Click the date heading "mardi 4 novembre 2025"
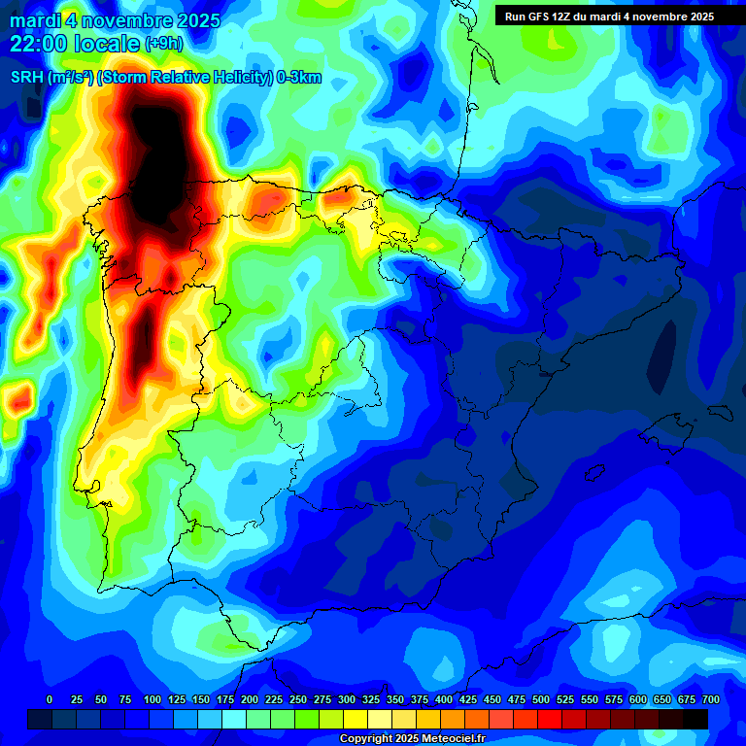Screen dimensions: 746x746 [x=115, y=20]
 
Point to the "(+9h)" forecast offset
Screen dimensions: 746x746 [x=163, y=44]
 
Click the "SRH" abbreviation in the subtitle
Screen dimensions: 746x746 [x=26, y=79]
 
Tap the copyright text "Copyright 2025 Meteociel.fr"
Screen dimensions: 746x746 [x=412, y=738]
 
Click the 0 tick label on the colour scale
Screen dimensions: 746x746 [x=50, y=699]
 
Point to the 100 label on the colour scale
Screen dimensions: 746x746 [x=152, y=699]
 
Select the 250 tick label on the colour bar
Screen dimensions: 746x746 [x=298, y=699]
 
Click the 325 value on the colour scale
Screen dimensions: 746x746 [x=371, y=699]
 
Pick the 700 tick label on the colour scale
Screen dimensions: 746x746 [x=710, y=699]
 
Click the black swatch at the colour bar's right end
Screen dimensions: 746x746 [x=695, y=719]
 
